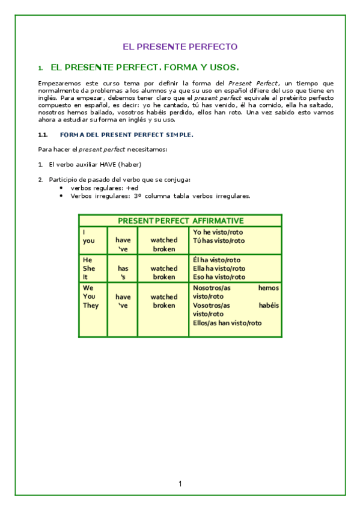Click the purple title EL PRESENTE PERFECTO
[180, 46]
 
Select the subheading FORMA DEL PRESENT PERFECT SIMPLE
[126, 135]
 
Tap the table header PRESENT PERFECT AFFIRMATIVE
[180, 221]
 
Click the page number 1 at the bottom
[180, 484]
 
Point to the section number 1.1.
[43, 135]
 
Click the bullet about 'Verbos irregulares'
[160, 195]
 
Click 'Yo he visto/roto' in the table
[218, 232]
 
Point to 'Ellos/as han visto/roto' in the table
[227, 323]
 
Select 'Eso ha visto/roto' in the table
[219, 277]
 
